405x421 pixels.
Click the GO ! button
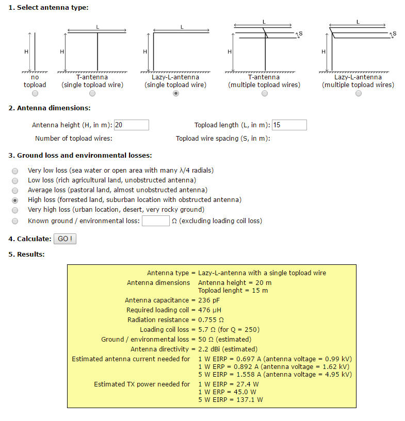[x=64, y=239]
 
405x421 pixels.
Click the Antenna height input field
[x=132, y=125]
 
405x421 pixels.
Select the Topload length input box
[x=289, y=125]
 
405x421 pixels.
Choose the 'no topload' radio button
[x=35, y=93]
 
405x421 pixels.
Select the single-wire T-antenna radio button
[x=92, y=93]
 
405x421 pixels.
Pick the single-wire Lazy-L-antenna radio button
[x=176, y=93]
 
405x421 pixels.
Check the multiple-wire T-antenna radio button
[x=265, y=93]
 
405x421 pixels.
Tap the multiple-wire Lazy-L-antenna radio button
[x=359, y=93]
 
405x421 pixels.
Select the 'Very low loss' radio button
[x=15, y=171]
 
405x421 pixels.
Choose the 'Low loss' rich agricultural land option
[x=15, y=180]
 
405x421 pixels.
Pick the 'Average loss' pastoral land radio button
[x=15, y=190]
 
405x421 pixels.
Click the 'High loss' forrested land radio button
[x=15, y=200]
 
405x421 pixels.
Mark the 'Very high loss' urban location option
[x=15, y=210]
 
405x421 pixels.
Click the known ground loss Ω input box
[x=155, y=221]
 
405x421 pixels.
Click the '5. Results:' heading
[x=26, y=255]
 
